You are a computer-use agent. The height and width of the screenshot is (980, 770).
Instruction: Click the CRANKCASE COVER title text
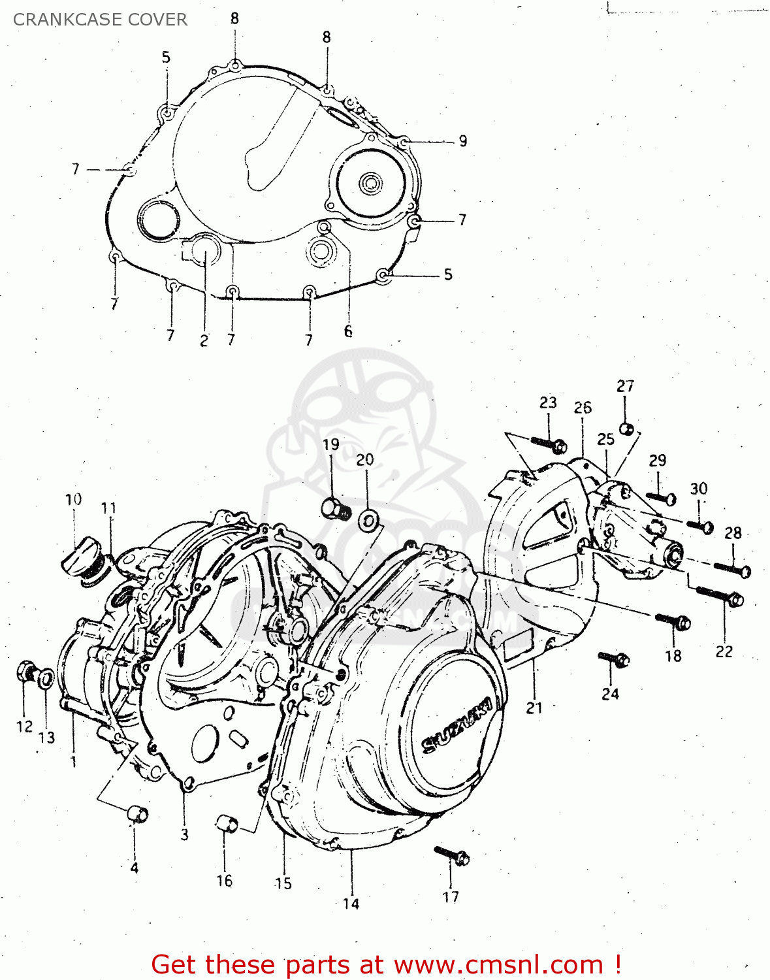pos(100,20)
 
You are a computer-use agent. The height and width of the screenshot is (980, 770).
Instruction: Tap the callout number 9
pos(462,141)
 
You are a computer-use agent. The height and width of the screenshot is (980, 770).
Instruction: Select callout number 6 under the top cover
pos(348,331)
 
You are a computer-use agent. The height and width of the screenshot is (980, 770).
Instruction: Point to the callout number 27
pos(625,386)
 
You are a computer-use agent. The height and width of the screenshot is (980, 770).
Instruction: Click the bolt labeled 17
pos(453,855)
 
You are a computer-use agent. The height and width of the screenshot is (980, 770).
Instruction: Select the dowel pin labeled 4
pos(137,815)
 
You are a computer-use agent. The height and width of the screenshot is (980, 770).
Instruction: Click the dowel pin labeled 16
pos(227,823)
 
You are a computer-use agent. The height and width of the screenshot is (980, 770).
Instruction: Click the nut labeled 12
pos(27,670)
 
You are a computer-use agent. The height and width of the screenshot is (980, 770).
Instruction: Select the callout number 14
pos(351,904)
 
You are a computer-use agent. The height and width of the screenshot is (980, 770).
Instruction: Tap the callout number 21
pos(534,708)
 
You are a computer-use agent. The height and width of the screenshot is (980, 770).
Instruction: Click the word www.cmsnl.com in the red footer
pos(498,965)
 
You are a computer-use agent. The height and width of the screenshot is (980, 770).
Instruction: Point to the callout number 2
pos(204,340)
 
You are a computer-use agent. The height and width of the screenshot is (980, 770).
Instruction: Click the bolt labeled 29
pos(661,498)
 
